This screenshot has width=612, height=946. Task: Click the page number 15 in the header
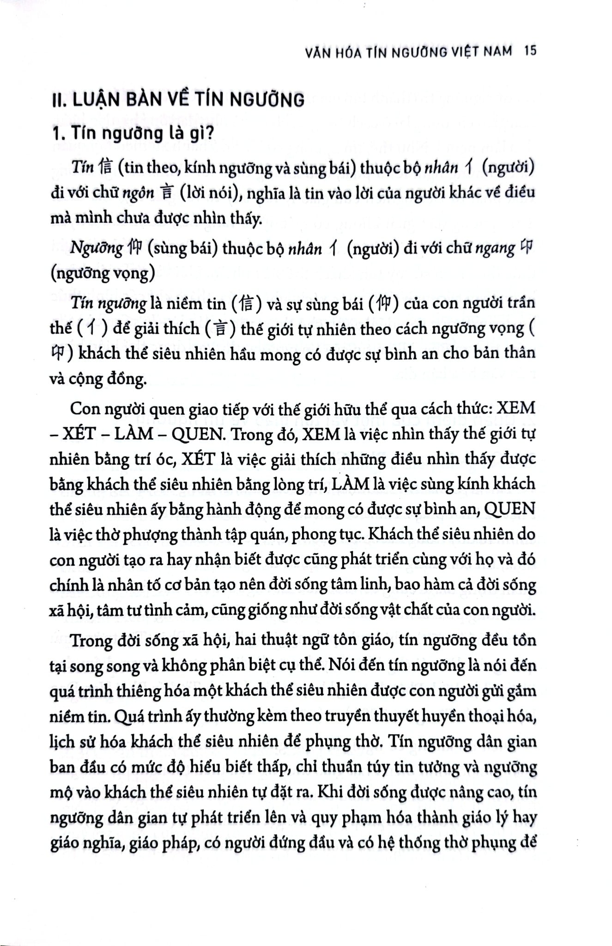[x=530, y=51]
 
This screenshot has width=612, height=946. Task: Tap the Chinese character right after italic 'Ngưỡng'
[x=133, y=249]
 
